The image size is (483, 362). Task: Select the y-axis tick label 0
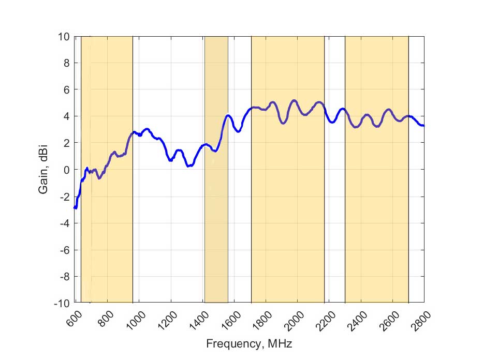point(66,170)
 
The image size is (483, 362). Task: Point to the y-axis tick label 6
point(66,90)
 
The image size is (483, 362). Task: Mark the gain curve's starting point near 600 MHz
point(75,207)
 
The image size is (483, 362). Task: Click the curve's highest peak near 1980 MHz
point(294,100)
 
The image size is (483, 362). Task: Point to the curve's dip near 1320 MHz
point(189,165)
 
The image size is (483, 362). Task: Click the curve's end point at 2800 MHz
point(423,126)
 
